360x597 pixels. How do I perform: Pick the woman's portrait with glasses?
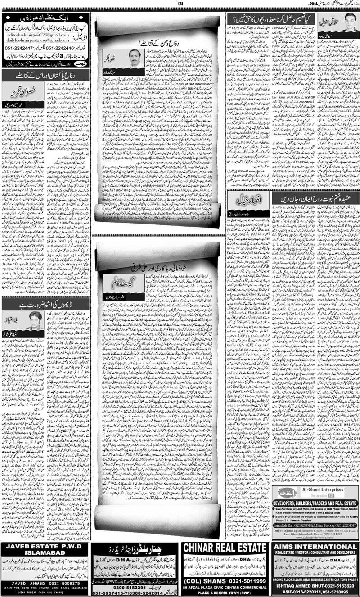[x=34, y=320]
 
